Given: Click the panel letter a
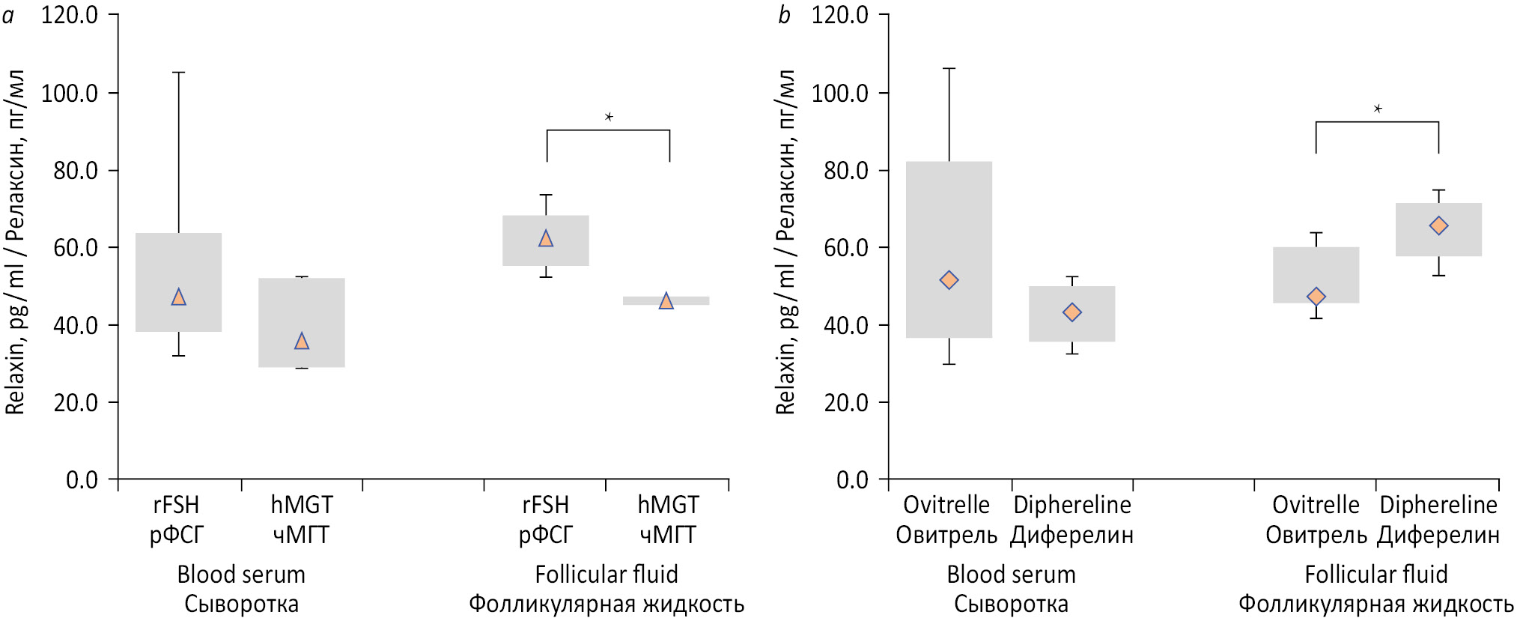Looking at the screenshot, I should coord(8,15).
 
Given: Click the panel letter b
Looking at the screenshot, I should coord(784,15).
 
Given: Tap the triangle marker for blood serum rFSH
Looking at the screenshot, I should coord(178,297).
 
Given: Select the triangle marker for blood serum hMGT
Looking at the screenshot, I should coord(302,342).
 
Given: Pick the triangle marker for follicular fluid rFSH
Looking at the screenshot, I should coord(546,239).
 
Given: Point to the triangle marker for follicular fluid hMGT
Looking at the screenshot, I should coord(666,301).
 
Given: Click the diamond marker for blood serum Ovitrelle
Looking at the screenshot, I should coord(949,280).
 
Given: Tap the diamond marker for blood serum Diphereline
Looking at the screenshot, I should coord(1072,312).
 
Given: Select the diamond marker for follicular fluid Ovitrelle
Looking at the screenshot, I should coord(1316,297).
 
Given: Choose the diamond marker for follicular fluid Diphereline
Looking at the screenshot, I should coord(1438,225).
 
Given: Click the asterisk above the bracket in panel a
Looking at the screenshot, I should coord(609,117).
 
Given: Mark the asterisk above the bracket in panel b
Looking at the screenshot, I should coord(1378,109).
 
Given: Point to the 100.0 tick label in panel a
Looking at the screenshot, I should coord(70,94).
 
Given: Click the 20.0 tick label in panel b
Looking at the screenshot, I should coord(846,403).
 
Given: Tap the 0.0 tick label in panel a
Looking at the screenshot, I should coord(82,480).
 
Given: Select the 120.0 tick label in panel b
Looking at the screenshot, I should coord(840,15).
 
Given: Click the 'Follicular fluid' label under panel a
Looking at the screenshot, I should coord(607,575).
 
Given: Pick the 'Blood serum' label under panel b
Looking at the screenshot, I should coord(1011,575).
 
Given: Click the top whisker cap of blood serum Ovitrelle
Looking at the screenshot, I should coord(949,69).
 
